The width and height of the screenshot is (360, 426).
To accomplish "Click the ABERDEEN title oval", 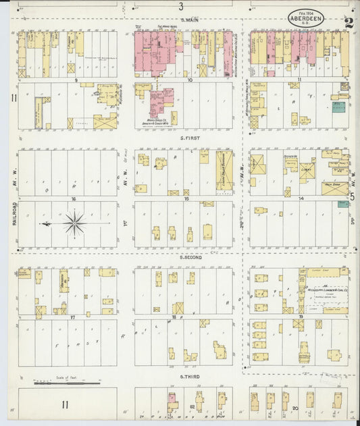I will (305, 18).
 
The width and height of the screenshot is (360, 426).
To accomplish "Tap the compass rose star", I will (74, 223).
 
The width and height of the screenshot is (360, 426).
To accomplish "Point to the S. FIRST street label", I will (191, 138).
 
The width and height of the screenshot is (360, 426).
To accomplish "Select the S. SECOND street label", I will (191, 257).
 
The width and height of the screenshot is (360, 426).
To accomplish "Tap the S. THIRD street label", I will (190, 376).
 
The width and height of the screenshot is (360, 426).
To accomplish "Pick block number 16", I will (73, 199).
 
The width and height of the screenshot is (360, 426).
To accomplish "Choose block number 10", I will (190, 80).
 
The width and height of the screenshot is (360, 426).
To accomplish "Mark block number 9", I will (76, 80).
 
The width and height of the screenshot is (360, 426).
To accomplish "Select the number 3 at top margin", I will (181, 7).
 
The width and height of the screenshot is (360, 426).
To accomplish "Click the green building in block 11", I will (338, 107).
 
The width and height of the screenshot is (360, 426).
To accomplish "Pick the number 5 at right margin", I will (351, 197).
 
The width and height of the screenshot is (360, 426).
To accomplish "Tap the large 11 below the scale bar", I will (65, 404).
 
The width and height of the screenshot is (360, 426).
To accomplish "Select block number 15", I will (186, 199).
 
